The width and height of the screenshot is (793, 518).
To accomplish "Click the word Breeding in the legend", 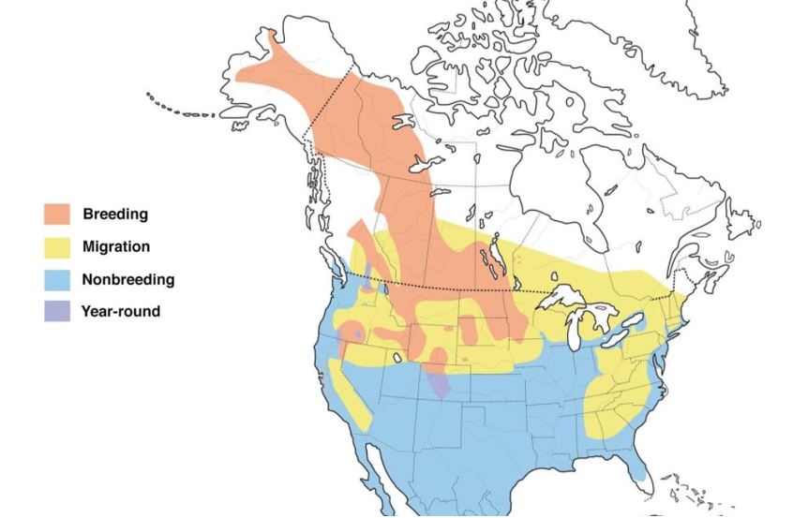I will [115, 214].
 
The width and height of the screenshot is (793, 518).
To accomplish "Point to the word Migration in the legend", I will [116, 246].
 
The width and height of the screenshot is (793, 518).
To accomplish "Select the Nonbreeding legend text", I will [127, 279].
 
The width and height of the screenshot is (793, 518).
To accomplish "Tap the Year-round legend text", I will [121, 312].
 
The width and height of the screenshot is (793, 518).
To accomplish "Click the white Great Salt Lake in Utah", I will [398, 357].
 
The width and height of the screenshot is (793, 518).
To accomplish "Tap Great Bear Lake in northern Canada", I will [404, 123].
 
